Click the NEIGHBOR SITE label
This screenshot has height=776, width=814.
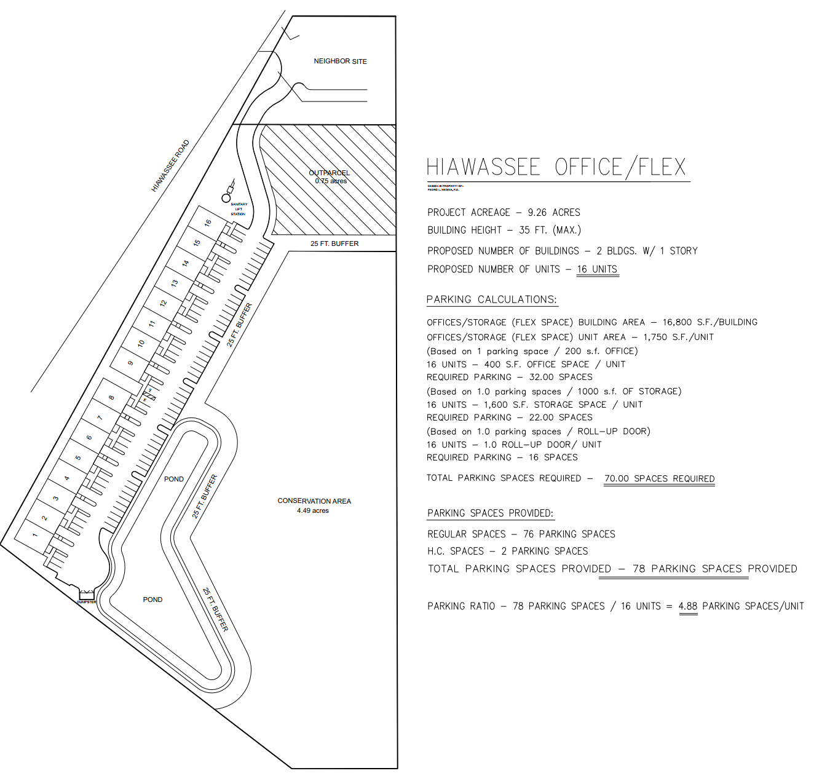click(340, 61)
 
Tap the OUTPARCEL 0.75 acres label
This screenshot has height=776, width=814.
click(330, 177)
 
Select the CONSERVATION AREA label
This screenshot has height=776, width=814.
click(314, 505)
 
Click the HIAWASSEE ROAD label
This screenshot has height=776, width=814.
click(170, 165)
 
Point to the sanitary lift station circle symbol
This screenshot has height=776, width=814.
click(226, 197)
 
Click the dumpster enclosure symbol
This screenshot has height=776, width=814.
click(87, 595)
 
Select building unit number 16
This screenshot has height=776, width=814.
click(208, 223)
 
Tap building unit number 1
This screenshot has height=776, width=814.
click(34, 535)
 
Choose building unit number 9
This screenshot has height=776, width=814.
click(130, 363)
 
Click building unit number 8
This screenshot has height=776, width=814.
click(111, 397)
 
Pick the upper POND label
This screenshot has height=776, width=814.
click(174, 479)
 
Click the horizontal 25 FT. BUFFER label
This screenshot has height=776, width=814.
click(334, 244)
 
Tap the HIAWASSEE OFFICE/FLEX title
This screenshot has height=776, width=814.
click(556, 167)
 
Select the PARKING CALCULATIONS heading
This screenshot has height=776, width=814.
click(492, 300)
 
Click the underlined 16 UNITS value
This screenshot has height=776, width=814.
click(597, 269)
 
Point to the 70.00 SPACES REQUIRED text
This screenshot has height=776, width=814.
click(659, 478)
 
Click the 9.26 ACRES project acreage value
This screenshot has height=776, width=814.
click(553, 213)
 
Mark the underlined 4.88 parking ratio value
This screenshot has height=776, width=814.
click(688, 606)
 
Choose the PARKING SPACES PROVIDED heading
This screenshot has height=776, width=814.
click(490, 513)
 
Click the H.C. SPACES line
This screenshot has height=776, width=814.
click(507, 552)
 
